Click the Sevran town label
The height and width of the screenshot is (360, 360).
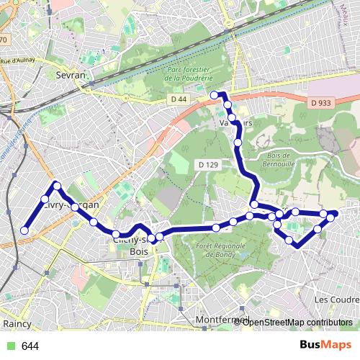pyautogui.click(x=70, y=74)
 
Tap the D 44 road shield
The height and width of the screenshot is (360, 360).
pyautogui.click(x=179, y=97)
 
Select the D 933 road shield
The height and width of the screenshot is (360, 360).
pyautogui.click(x=323, y=103)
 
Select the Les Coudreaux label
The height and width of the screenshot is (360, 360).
pyautogui.click(x=337, y=299)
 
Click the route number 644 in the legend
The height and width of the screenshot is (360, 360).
pyautogui.click(x=30, y=346)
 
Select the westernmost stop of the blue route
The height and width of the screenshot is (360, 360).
pyautogui.click(x=24, y=230)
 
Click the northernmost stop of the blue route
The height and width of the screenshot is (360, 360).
pyautogui.click(x=214, y=94)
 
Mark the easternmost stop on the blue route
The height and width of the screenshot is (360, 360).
pyautogui.click(x=333, y=215)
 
